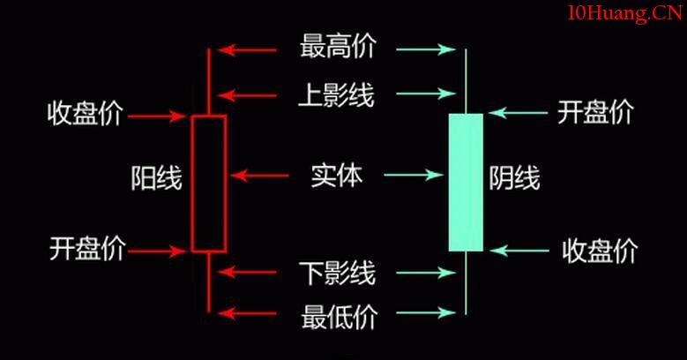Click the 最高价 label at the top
pos(338,48)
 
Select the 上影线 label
pos(338,94)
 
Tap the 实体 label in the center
pos(336,176)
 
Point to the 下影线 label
pos(338,273)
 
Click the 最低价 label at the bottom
pos(338,313)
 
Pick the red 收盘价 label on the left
pos(86,114)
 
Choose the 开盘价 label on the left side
pos(86,250)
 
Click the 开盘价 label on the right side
pos(595,112)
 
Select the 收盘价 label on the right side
pos(600,251)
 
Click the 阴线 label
pos(514,179)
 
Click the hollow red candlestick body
pos(208,183)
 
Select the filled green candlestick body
pos(466,183)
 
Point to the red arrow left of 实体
pos(261,176)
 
